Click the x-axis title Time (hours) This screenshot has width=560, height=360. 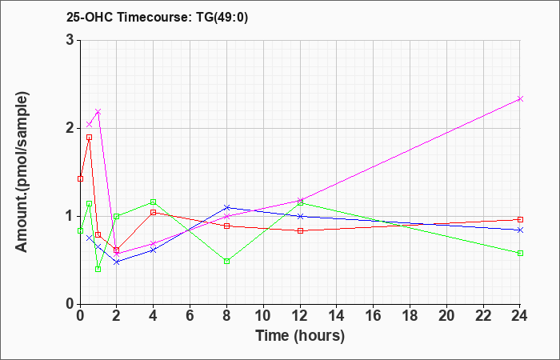(300, 335)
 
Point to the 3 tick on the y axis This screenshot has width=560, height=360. (70, 40)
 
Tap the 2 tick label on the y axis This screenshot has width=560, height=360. (70, 128)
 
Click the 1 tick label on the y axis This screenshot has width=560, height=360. (70, 216)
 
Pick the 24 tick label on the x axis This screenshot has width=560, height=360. (520, 316)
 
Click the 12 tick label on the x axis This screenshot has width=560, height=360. (300, 316)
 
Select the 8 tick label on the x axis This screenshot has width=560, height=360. (227, 316)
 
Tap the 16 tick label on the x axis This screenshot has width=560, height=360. (374, 316)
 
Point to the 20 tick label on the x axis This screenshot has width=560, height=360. (447, 316)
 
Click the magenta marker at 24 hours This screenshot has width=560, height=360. (520, 99)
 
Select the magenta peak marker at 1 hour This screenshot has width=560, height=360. (98, 112)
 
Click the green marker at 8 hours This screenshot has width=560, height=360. (227, 261)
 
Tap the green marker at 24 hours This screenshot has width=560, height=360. (520, 253)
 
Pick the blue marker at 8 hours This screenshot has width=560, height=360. (227, 207)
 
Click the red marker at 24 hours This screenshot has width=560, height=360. (520, 219)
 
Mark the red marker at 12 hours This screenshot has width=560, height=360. (300, 230)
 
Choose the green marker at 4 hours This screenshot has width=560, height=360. (154, 202)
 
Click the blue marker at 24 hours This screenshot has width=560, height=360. (520, 230)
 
